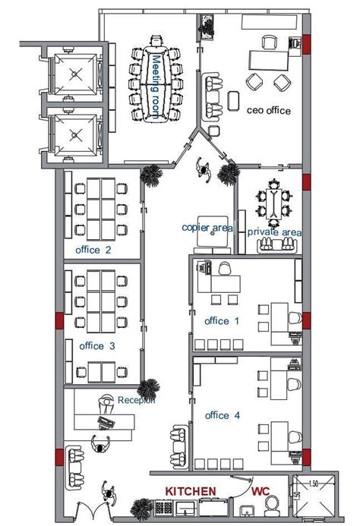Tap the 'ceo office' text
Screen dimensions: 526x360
click(269, 110)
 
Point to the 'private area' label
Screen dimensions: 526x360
click(274, 232)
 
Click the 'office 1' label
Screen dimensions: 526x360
click(222, 321)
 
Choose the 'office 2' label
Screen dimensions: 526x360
click(95, 250)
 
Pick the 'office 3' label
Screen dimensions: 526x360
click(96, 346)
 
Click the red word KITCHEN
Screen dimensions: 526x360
click(191, 493)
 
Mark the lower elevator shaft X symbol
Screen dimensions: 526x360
click(75, 135)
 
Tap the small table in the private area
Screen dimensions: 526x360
click(274, 203)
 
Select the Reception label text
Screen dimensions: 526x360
click(136, 400)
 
